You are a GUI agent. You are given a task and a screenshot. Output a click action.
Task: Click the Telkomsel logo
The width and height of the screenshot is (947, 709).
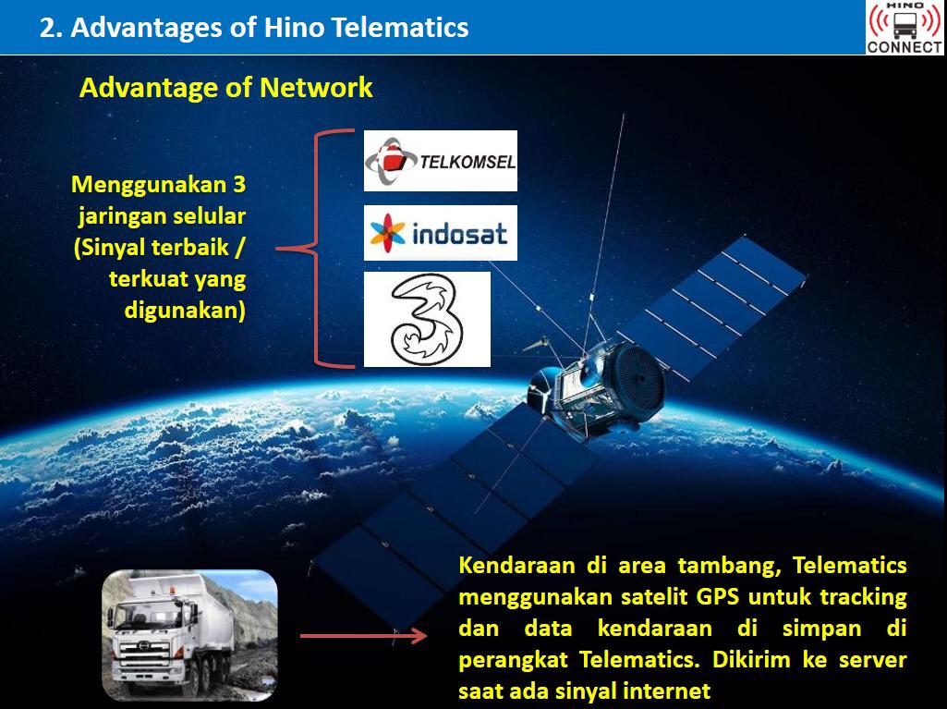[x=441, y=161]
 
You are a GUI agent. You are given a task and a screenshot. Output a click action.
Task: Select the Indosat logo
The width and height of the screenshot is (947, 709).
[x=441, y=233]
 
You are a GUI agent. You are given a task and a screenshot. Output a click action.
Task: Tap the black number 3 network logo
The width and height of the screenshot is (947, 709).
[x=427, y=319]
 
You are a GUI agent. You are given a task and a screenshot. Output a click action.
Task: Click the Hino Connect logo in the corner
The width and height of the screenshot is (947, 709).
[x=905, y=27]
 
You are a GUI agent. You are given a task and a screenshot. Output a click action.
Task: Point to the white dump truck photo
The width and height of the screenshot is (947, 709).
[x=189, y=635]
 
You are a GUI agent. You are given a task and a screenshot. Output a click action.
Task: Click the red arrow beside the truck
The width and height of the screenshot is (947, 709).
[x=364, y=636]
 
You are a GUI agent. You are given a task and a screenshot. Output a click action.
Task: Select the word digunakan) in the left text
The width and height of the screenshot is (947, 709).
[x=185, y=310]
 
